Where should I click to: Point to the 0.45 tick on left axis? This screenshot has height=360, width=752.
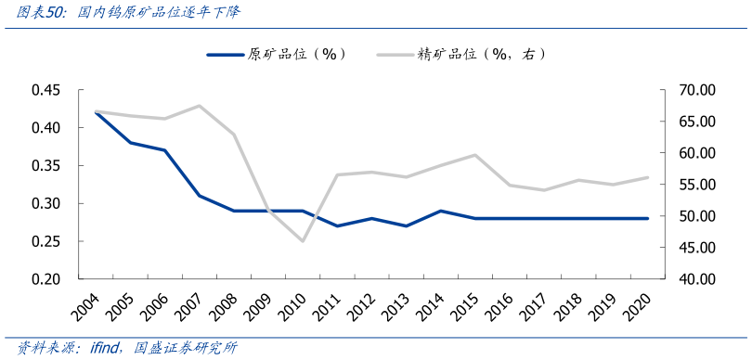click(45, 90)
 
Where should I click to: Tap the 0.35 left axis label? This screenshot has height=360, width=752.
click(45, 166)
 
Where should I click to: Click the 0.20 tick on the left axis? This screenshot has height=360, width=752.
click(45, 278)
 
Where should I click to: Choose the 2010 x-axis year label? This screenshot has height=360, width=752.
click(296, 303)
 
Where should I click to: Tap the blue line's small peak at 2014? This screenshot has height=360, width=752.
click(441, 211)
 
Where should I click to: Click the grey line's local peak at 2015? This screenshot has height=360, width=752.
click(475, 155)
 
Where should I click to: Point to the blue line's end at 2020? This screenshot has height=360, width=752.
click(647, 218)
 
